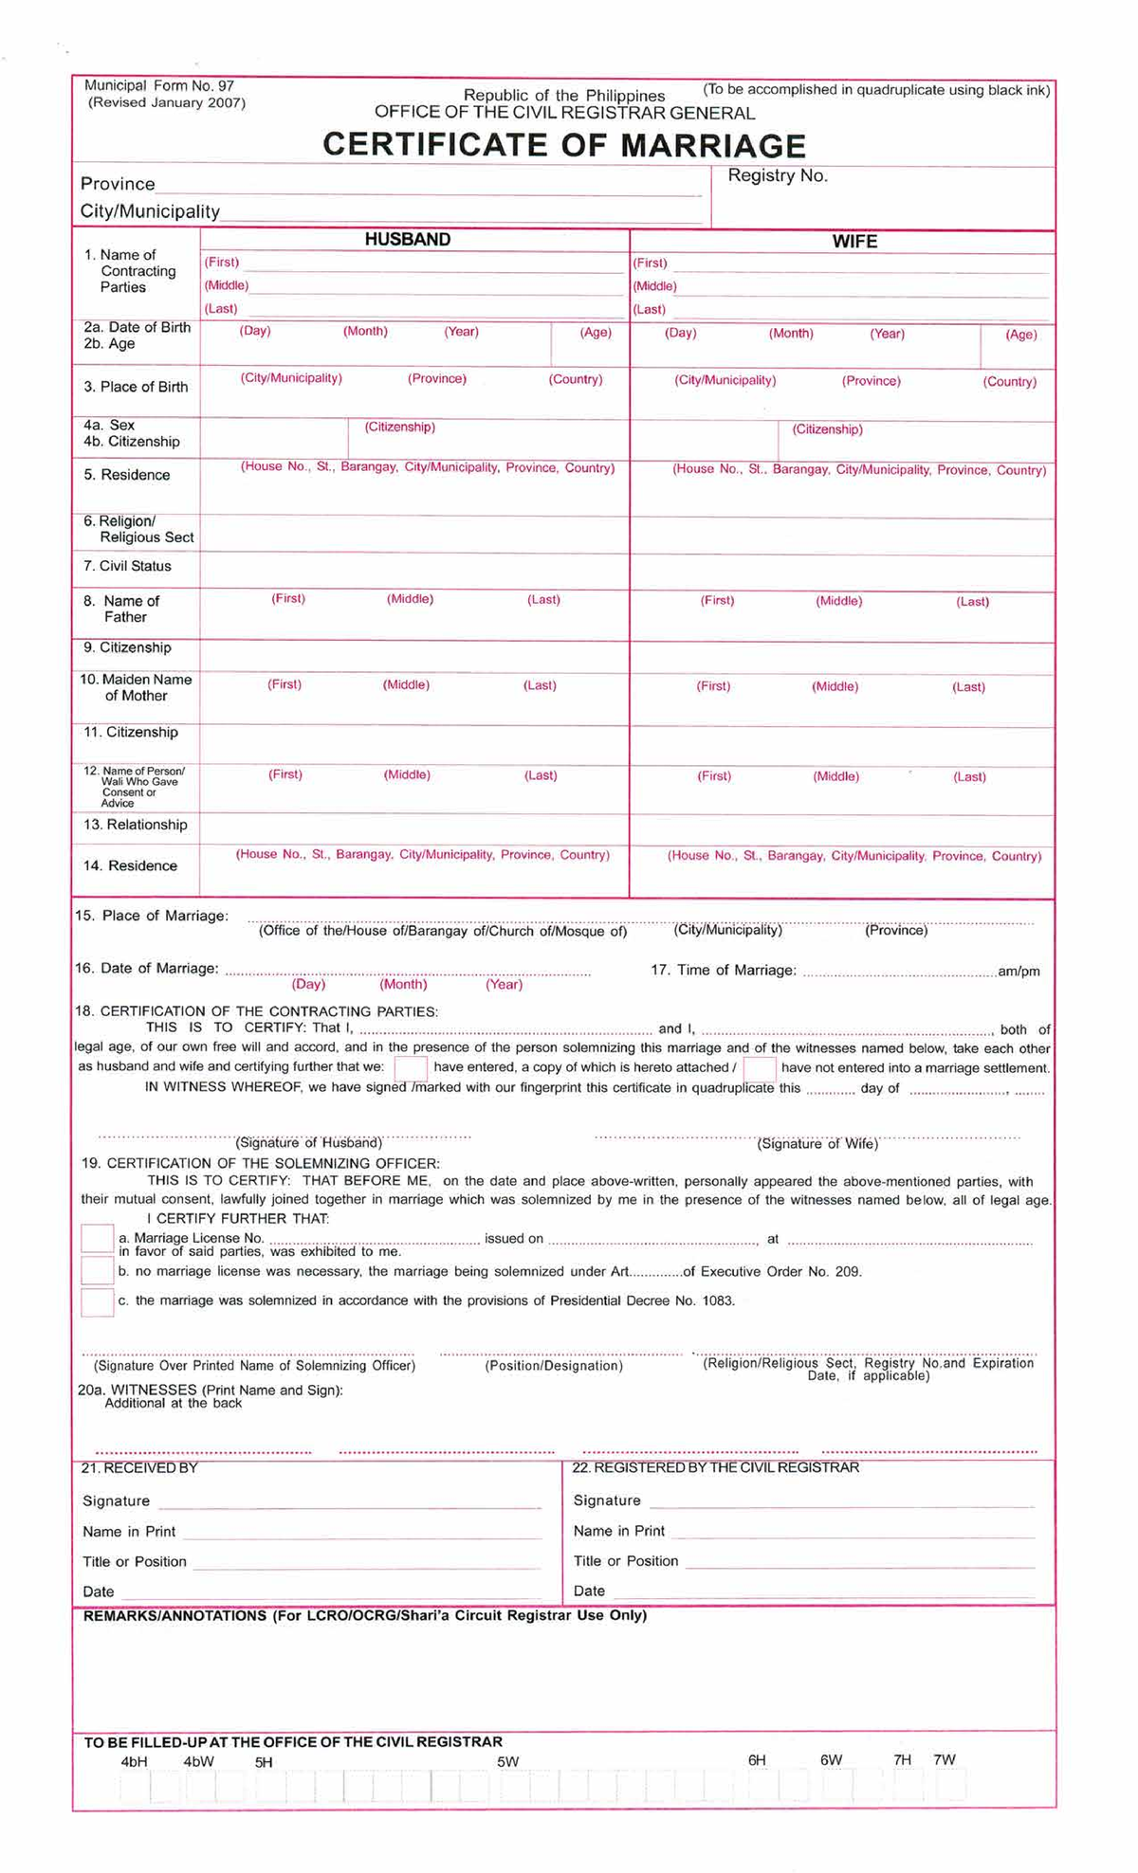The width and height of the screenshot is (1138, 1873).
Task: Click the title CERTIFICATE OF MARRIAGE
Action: point(564,145)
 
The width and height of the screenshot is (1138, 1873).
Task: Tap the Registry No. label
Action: point(778,175)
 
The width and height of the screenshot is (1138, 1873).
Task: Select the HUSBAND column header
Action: point(408,240)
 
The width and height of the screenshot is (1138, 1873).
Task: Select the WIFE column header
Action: point(854,242)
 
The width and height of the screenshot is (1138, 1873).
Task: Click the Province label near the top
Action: point(118,184)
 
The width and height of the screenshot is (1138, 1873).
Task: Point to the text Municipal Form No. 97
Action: point(159,86)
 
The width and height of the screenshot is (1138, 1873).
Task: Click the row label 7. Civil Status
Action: point(127,566)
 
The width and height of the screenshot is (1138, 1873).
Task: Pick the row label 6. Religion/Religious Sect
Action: point(138,529)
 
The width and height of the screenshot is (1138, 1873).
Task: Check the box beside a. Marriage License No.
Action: point(97,1238)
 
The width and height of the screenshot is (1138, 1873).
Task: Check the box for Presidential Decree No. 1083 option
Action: point(97,1301)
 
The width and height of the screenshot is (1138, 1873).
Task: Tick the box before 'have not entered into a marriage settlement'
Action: point(760,1068)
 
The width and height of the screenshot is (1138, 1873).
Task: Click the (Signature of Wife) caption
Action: point(817,1144)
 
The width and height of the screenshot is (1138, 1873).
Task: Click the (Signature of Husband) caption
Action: point(309,1143)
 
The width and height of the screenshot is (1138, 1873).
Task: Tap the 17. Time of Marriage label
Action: point(724,970)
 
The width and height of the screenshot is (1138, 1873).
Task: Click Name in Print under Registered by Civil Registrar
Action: point(619,1531)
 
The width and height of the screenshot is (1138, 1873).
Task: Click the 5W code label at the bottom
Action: point(507,1762)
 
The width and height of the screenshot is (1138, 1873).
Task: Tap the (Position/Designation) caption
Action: point(554,1366)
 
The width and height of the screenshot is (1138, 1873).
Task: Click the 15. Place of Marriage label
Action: point(152,916)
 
